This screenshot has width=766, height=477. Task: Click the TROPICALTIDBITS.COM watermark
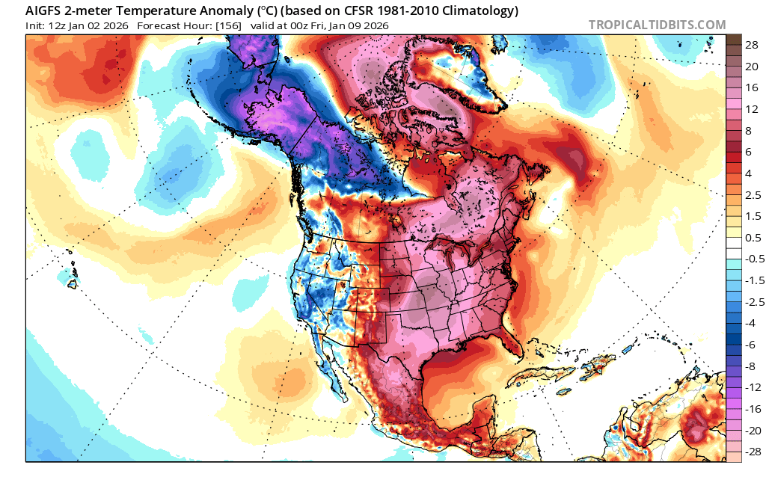click(x=657, y=25)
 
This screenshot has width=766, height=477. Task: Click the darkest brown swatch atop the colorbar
click(x=733, y=39)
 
